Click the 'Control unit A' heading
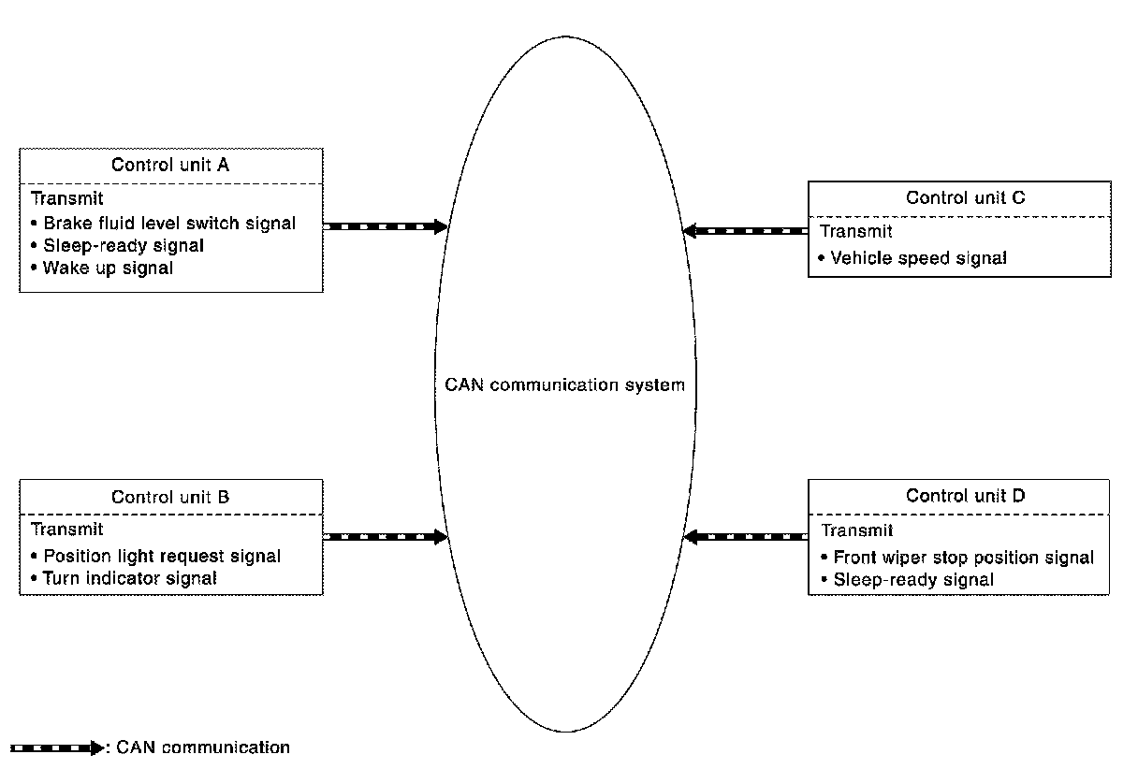click(170, 166)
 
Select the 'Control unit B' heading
click(170, 497)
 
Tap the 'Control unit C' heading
click(965, 197)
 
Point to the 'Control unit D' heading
click(965, 496)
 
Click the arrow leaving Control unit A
click(386, 226)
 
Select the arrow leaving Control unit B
click(386, 537)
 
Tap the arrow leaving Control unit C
click(746, 230)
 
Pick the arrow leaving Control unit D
click(746, 537)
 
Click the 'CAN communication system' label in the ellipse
click(565, 384)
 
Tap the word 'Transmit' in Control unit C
click(856, 231)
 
